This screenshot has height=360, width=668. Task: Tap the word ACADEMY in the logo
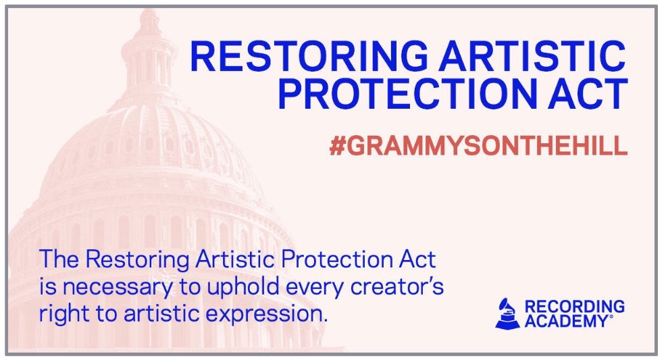tap(568, 322)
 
